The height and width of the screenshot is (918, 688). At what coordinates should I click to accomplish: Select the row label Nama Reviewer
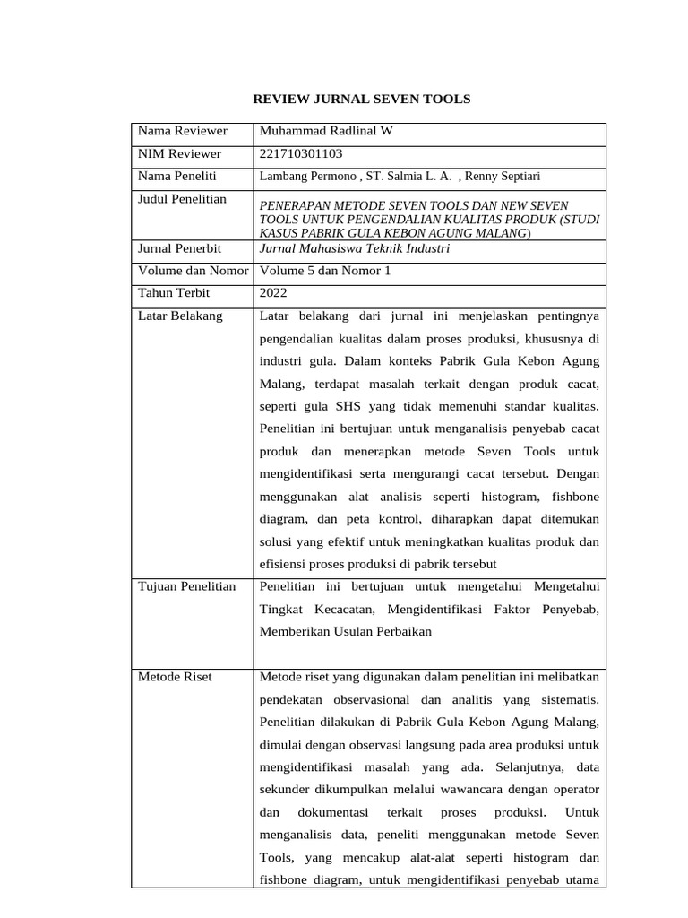coord(183,132)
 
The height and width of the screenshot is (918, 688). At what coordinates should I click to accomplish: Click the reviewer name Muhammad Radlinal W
coord(325,132)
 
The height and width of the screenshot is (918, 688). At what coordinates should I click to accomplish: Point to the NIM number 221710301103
coord(301,154)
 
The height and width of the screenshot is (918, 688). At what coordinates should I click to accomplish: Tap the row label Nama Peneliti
coord(177,177)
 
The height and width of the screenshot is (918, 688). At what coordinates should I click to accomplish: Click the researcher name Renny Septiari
coord(503,178)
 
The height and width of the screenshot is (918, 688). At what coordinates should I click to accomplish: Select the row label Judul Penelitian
coord(182,199)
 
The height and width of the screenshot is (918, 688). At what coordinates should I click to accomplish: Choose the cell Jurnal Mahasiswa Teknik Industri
coord(354,248)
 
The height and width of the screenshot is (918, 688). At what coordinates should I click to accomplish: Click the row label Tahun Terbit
coord(176,293)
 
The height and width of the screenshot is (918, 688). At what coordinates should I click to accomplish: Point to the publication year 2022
coord(273,293)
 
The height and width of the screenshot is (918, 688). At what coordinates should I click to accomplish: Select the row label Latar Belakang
coord(180,316)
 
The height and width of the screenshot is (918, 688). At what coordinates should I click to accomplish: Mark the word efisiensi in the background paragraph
coord(284,563)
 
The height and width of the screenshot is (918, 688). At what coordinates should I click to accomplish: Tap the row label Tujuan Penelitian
coord(186,586)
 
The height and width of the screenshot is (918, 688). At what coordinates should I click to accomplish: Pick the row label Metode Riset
coord(175,677)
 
